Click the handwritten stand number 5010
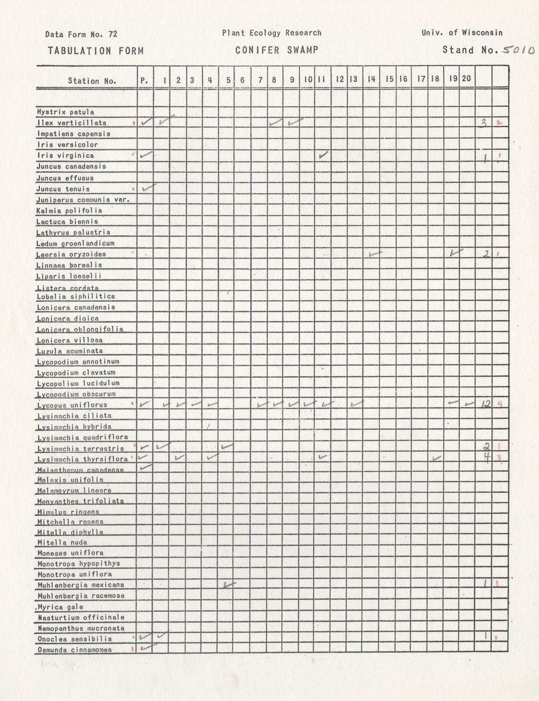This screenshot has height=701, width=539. (x=517, y=50)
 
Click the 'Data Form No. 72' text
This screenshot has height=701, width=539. (x=81, y=34)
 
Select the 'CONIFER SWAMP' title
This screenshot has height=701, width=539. (x=277, y=50)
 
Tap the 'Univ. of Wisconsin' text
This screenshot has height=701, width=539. (x=462, y=33)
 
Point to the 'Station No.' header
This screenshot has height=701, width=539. (x=92, y=81)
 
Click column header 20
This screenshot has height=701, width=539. (x=466, y=79)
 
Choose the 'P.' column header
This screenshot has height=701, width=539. (x=144, y=80)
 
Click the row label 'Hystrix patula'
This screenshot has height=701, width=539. (x=65, y=112)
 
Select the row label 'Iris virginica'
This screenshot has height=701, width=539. (x=65, y=155)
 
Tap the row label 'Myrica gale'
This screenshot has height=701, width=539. (x=60, y=607)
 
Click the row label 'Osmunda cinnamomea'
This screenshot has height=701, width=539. (x=74, y=650)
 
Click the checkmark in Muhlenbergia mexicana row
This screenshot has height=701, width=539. (x=229, y=585)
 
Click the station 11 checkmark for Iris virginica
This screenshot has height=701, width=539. (x=323, y=155)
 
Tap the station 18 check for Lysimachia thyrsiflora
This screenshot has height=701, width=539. (x=436, y=459)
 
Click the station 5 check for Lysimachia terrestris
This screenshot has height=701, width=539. (x=227, y=447)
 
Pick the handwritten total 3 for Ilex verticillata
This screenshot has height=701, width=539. (x=484, y=122)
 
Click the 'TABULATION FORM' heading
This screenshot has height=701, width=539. (x=95, y=51)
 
